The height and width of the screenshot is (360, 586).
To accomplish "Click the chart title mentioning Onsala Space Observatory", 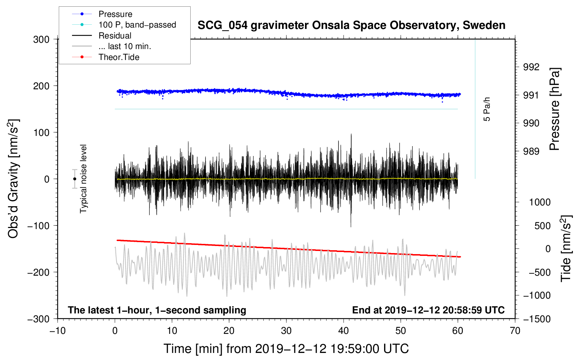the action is click(351, 25).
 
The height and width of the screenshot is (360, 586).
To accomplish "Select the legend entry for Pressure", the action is click(115, 14).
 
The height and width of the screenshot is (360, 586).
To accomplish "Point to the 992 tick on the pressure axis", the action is click(531, 67).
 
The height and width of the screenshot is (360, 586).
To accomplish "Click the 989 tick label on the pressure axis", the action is click(531, 151).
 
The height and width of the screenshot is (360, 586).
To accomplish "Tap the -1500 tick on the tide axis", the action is click(537, 319).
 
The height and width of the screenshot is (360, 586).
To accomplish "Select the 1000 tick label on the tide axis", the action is click(540, 202).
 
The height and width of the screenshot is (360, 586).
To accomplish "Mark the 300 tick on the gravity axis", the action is click(41, 40).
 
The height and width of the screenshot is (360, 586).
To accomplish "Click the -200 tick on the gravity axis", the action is click(38, 272).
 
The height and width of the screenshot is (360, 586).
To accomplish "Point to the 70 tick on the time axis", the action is click(515, 331).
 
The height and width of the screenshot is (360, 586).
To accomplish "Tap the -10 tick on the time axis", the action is click(58, 331).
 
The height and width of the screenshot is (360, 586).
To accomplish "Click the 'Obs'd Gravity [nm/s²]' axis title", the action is click(13, 179).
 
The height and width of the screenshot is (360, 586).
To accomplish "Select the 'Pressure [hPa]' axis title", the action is click(555, 109).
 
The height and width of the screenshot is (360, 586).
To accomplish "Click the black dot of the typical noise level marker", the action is click(74, 179).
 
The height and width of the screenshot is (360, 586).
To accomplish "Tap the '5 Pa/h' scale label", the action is click(486, 109).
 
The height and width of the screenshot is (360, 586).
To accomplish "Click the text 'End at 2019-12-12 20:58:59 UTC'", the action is click(428, 310).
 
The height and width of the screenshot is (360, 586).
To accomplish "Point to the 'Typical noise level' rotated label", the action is click(83, 179).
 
